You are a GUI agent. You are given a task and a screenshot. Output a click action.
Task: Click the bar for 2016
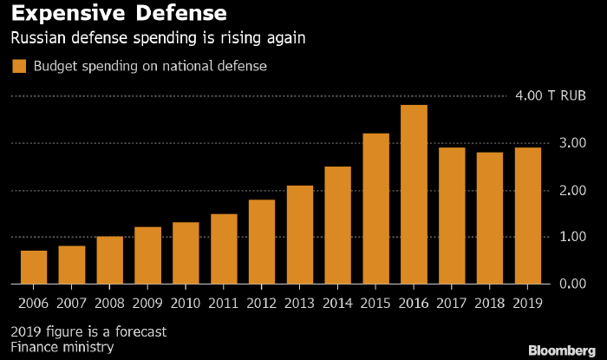click(414, 194)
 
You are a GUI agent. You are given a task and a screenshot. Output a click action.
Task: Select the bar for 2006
click(34, 267)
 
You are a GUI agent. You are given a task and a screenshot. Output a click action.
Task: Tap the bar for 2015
click(375, 208)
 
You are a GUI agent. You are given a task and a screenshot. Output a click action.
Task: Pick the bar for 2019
click(527, 215)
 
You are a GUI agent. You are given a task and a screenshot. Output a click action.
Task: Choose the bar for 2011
click(224, 248)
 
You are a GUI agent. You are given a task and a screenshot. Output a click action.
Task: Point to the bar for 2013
click(299, 234)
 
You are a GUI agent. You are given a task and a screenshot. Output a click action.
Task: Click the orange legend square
click(18, 66)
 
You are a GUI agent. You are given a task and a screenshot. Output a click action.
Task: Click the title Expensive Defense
click(118, 15)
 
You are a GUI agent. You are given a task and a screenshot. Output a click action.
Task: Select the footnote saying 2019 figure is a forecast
click(88, 331)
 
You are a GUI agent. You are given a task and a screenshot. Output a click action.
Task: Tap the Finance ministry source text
click(63, 348)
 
